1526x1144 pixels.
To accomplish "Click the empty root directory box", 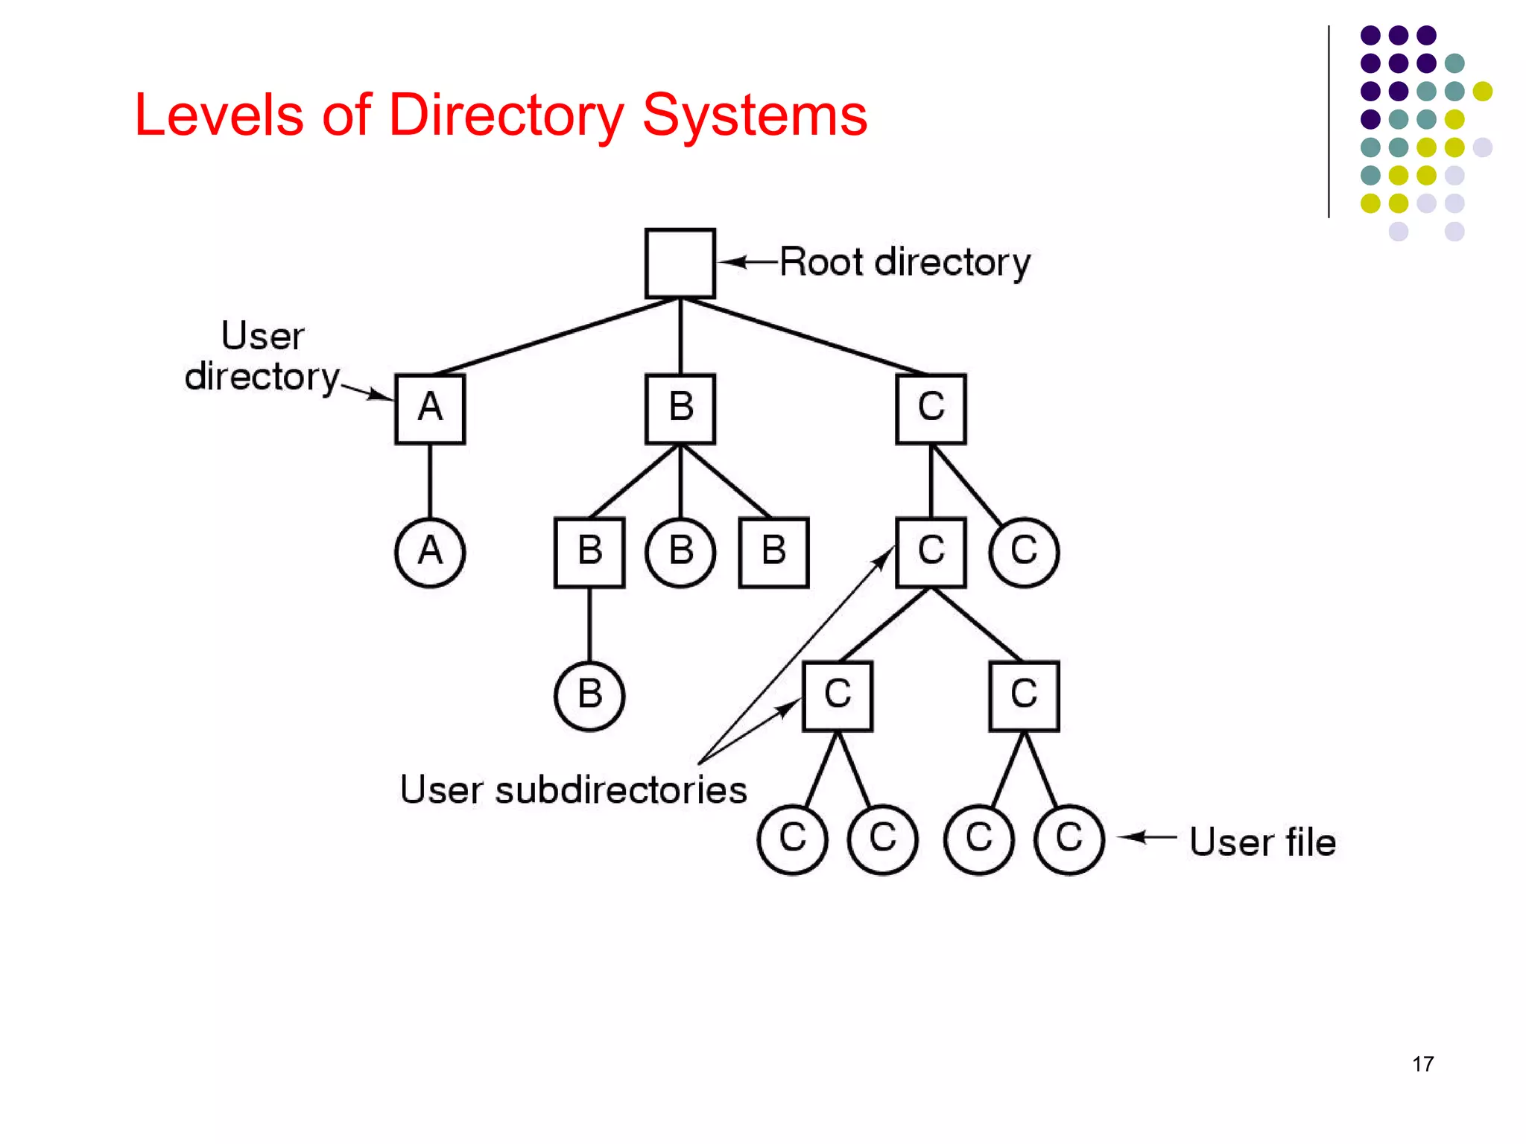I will point(680,263).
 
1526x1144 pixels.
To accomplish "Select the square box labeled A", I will point(430,409).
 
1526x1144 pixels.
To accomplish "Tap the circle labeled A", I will point(430,552).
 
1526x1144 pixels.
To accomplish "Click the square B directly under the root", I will point(680,409).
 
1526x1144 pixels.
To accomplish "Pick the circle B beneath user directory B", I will point(680,552).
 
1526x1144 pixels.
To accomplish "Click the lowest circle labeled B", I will point(589,696).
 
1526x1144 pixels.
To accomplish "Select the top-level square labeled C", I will point(931,409).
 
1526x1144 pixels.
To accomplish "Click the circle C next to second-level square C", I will point(1024,552).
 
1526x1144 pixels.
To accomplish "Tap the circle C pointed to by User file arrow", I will point(1068,839).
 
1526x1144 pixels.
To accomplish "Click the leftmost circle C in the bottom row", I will point(792,839).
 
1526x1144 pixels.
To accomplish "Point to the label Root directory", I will point(905,262).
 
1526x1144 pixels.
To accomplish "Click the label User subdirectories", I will point(573,789).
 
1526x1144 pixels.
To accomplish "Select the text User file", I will point(1262,842).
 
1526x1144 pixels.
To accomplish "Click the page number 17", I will point(1422,1064).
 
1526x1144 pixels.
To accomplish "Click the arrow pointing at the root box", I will point(747,261).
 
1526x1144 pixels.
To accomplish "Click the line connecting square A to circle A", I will point(430,480).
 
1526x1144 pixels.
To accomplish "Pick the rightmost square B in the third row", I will point(773,552).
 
